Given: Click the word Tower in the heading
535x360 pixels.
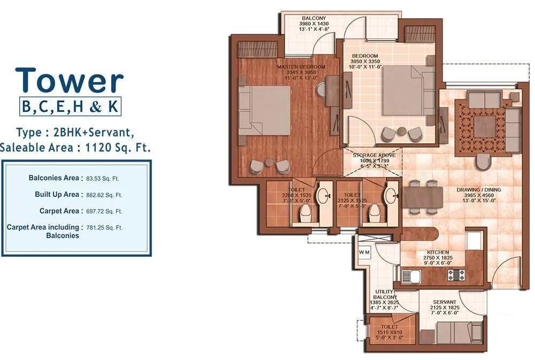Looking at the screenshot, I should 70,81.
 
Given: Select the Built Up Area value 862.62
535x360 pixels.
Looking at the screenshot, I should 104,195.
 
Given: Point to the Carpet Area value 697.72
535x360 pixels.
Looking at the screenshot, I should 104,211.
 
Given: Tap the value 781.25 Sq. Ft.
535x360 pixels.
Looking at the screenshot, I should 104,228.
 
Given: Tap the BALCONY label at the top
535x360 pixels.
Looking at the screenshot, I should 314,18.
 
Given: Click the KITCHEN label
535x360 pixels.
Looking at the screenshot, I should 438,252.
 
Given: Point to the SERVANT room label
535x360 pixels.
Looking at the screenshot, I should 446,302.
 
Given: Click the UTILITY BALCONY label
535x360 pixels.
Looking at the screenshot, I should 384,294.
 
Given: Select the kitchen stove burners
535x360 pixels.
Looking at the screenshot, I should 456,275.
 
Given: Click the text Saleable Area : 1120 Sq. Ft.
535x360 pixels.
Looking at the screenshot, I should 75,148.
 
